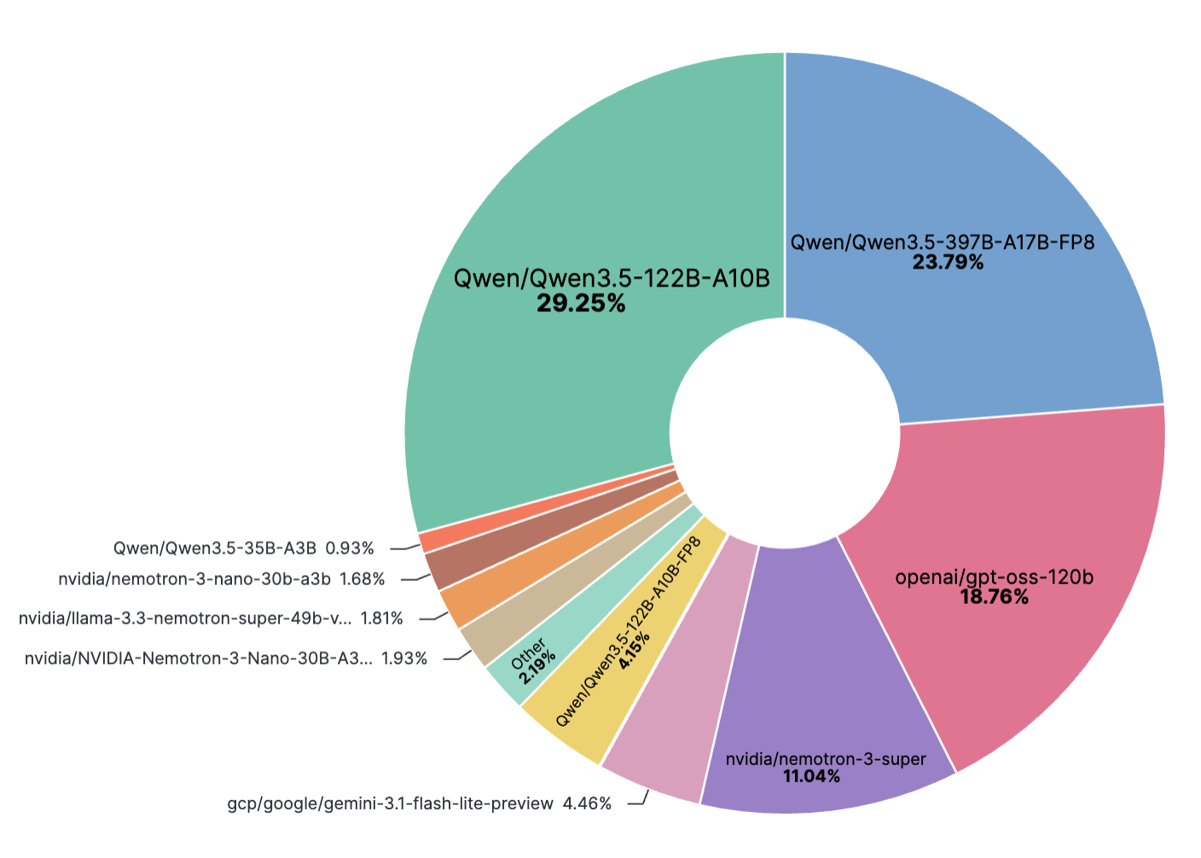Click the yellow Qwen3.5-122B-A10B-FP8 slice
597,708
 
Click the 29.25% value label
581,303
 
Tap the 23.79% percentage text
948,263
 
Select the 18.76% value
994,597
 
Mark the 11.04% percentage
811,776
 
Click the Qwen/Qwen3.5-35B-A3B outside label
215,548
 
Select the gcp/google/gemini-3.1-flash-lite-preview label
390,803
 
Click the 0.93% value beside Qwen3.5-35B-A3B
350,548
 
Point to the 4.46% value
587,803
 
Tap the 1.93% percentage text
404,658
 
